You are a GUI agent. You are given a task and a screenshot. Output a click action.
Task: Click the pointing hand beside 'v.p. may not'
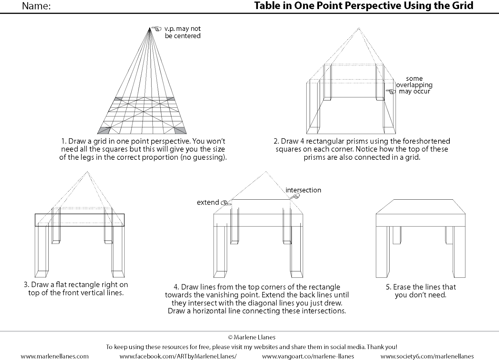point(157,29)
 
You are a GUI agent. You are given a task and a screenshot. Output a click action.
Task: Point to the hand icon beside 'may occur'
point(391,91)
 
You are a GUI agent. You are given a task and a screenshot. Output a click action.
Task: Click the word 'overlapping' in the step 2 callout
point(414,85)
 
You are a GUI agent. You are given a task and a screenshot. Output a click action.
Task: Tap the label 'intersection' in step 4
point(303,190)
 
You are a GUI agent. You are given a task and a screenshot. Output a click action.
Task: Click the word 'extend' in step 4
point(208,202)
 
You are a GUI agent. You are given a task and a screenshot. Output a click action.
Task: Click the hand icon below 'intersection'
point(295,196)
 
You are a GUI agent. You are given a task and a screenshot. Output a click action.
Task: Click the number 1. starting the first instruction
point(63,141)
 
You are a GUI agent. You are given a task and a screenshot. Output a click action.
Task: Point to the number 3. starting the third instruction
point(26,285)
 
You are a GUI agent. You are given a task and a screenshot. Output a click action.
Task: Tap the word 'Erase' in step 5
point(402,287)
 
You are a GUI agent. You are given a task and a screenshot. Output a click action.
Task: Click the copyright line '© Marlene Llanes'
point(252,337)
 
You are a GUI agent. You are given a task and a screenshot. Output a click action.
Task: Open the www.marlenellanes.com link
point(55,356)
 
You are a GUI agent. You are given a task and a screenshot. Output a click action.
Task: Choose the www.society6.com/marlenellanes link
point(427,356)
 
